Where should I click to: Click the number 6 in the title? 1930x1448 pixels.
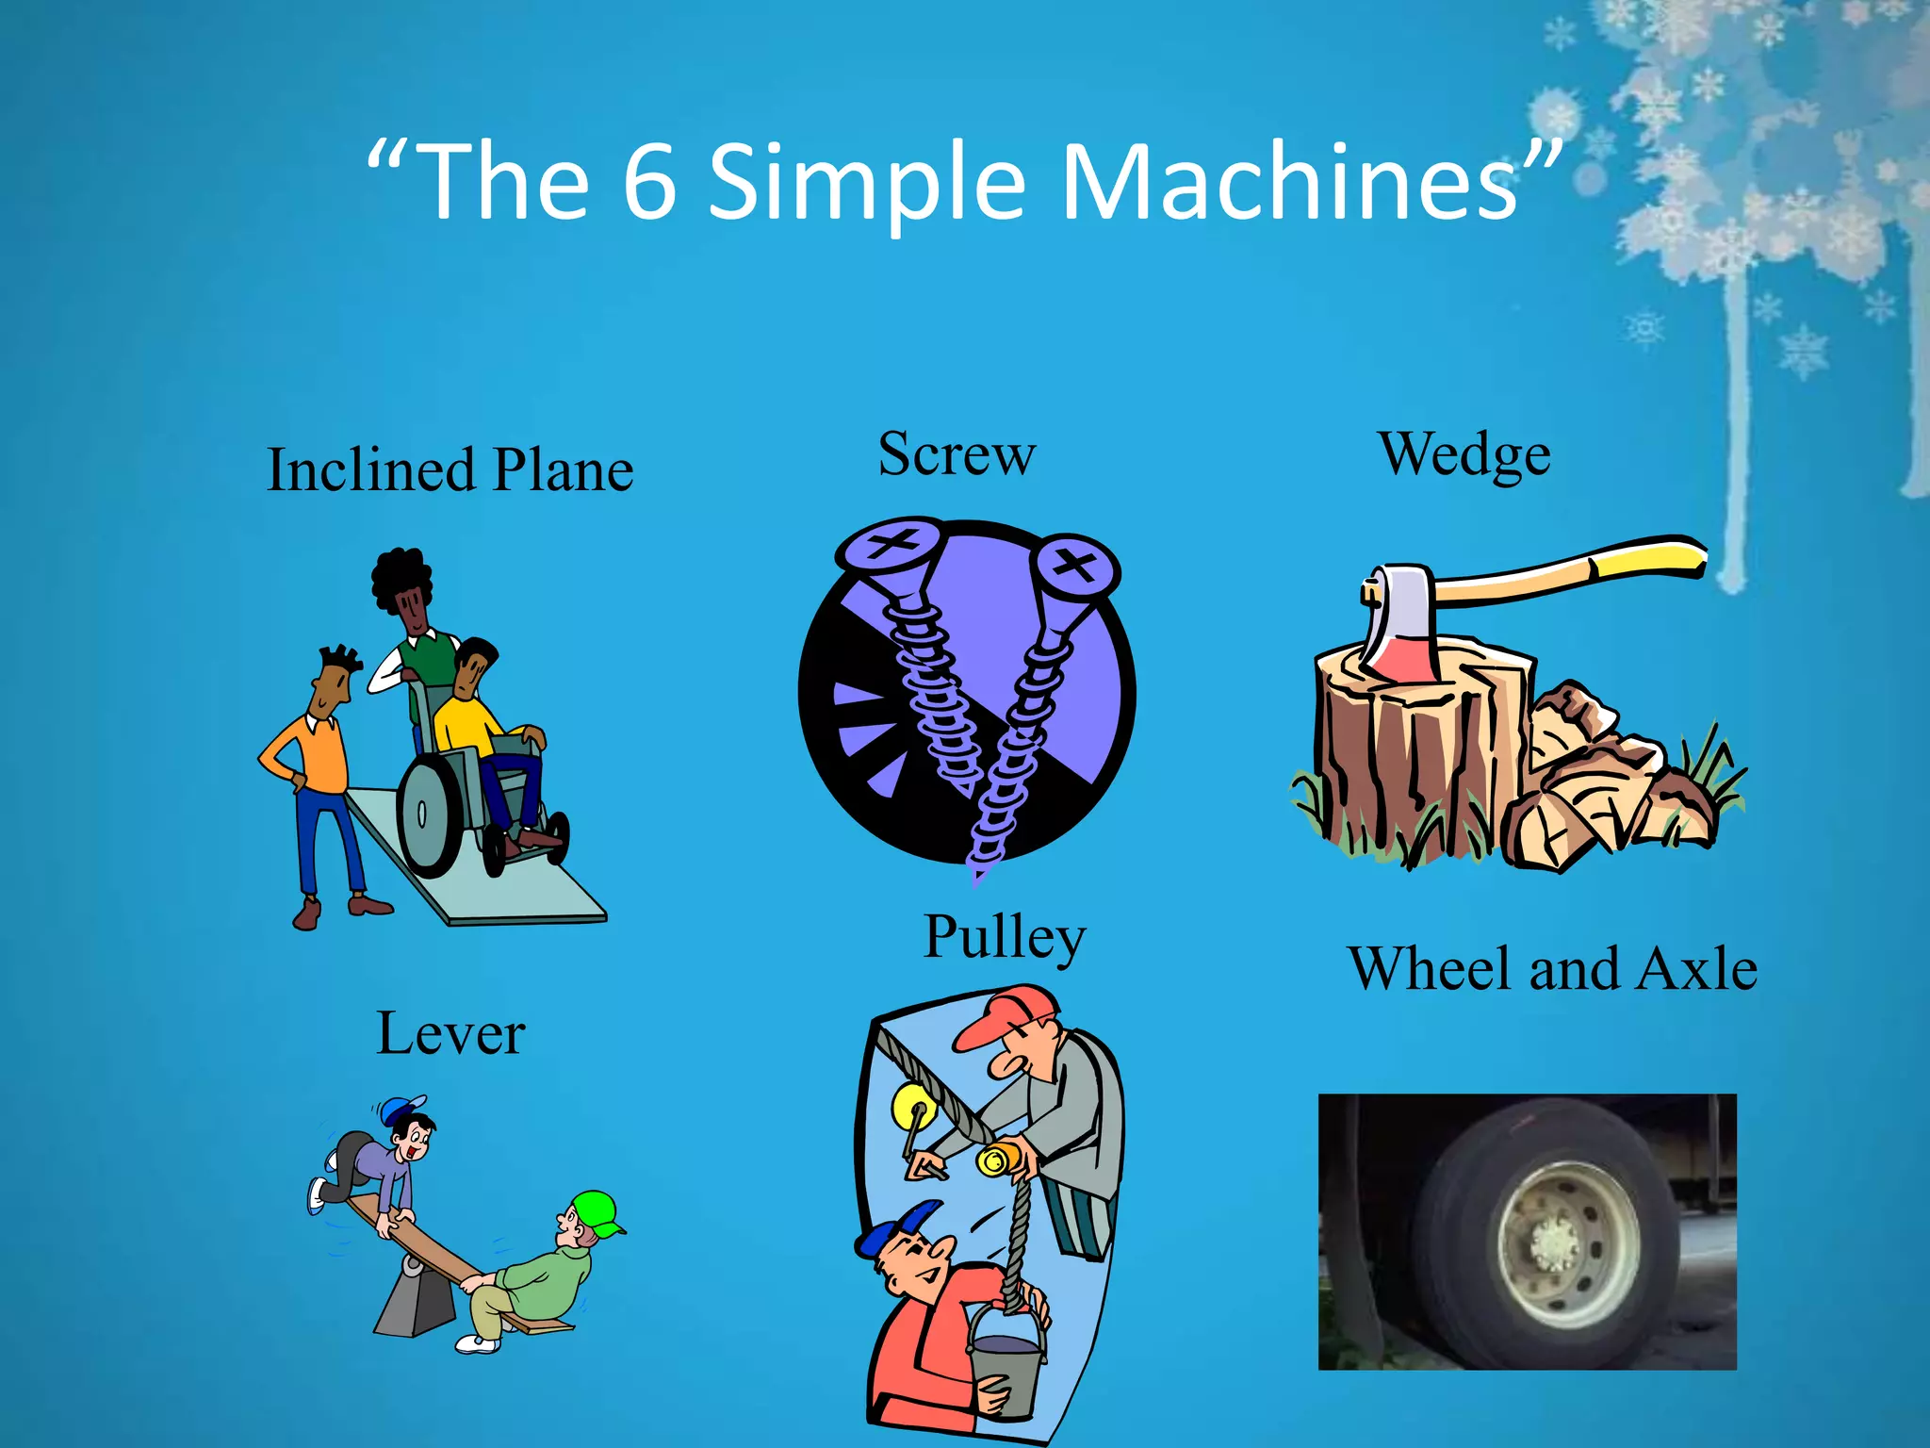(649, 181)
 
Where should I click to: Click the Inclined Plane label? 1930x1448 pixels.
(450, 470)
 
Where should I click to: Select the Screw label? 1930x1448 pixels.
(957, 454)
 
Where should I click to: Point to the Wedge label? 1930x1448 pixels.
(1464, 455)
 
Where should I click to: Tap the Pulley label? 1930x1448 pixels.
(1005, 937)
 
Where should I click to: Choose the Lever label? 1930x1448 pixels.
(450, 1034)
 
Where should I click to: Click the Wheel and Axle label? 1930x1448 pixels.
(1552, 969)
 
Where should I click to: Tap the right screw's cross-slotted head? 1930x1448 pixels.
(1074, 567)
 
